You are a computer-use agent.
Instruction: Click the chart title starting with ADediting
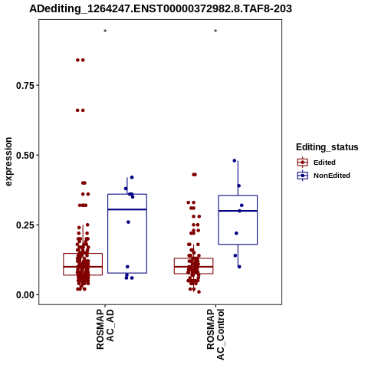pyautogui.click(x=160, y=8)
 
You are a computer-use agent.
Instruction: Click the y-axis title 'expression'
pyautogui.click(x=8, y=162)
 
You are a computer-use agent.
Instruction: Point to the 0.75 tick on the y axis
pyautogui.click(x=25, y=85)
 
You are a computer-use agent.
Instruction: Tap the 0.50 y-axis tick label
pyautogui.click(x=25, y=155)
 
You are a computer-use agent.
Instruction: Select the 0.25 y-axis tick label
pyautogui.click(x=25, y=225)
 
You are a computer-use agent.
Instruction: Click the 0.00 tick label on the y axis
pyautogui.click(x=25, y=294)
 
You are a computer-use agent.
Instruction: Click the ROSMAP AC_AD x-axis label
pyautogui.click(x=105, y=329)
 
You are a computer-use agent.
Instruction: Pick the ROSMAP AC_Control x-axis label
pyautogui.click(x=215, y=334)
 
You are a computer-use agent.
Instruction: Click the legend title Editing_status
pyautogui.click(x=327, y=147)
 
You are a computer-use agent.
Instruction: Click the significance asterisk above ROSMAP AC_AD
pyautogui.click(x=105, y=31)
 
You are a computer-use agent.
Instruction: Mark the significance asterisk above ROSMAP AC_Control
pyautogui.click(x=215, y=31)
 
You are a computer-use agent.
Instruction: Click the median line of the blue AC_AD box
pyautogui.click(x=127, y=209)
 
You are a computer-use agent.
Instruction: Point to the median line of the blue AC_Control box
pyautogui.click(x=238, y=211)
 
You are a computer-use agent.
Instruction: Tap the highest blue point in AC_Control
pyautogui.click(x=235, y=161)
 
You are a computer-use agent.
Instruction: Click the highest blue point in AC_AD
pyautogui.click(x=132, y=177)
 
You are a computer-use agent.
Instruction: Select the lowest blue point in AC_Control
pyautogui.click(x=239, y=267)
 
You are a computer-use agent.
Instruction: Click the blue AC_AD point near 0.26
pyautogui.click(x=128, y=222)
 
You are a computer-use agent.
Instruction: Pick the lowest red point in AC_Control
pyautogui.click(x=199, y=292)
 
